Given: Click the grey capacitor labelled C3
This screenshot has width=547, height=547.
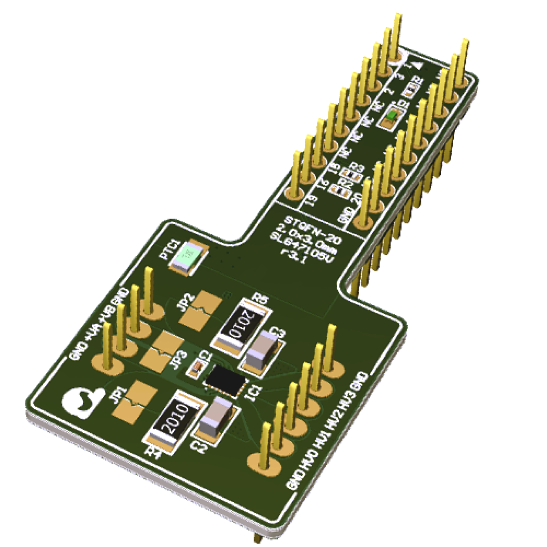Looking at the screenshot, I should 262,352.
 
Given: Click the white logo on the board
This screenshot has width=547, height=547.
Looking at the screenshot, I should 82,402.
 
